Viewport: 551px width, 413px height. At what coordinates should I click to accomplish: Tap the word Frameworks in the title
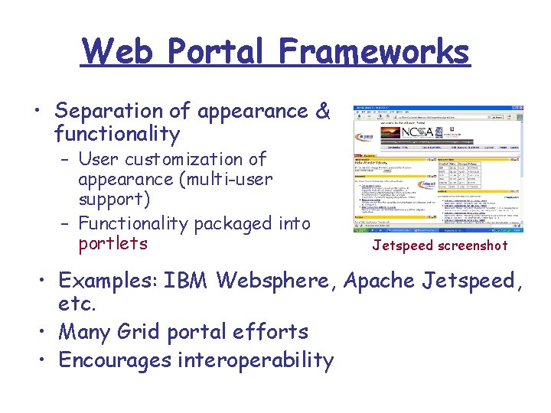(x=374, y=52)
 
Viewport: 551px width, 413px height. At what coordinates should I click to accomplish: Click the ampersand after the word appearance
(x=323, y=112)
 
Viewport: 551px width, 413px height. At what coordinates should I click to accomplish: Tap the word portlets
(x=112, y=244)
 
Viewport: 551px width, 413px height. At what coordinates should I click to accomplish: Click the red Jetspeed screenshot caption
(x=440, y=246)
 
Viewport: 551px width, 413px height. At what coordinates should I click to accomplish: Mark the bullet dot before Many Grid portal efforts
(x=44, y=333)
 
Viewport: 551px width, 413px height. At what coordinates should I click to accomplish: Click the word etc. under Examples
(x=77, y=304)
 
